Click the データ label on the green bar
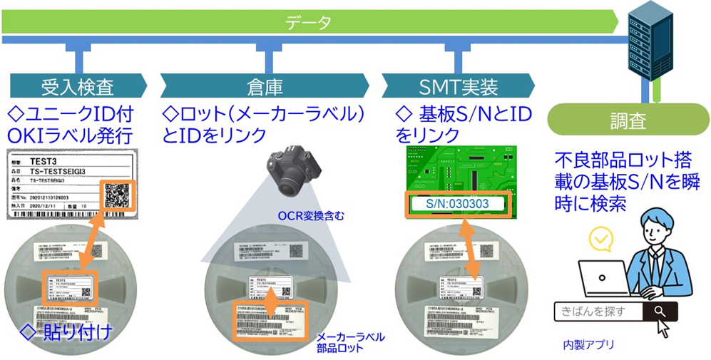[309, 22]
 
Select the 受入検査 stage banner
[78, 87]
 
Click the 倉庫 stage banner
[265, 87]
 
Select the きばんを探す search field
[598, 311]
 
